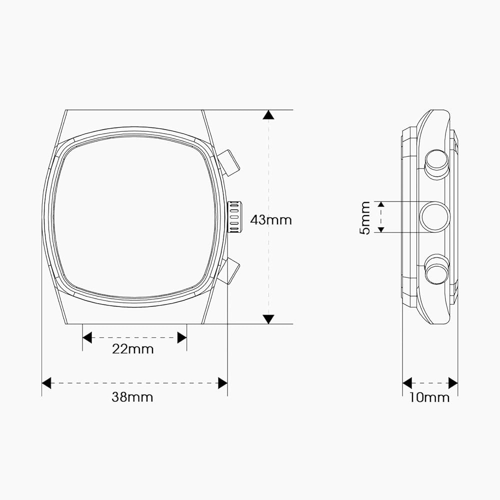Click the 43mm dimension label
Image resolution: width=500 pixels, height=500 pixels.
tap(271, 220)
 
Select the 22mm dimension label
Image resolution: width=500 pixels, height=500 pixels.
tap(133, 349)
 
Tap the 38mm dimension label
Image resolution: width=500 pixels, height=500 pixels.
tap(132, 397)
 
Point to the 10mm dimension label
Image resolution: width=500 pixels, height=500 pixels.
tap(429, 397)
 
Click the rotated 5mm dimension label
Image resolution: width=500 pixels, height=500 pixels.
tap(365, 218)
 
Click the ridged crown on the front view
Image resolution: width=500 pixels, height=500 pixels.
tap(234, 217)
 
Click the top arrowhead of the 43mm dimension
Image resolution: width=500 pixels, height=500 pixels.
tap(268, 115)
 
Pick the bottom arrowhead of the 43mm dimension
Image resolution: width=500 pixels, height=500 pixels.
tap(268, 319)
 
